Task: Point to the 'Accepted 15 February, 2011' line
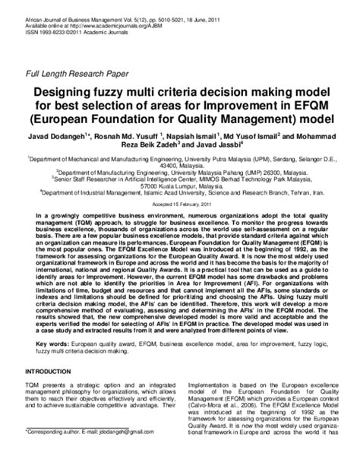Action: (x=180, y=206)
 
